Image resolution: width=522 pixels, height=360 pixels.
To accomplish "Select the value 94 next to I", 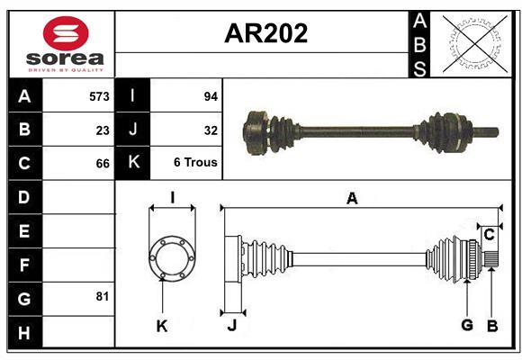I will pyautogui.click(x=211, y=95).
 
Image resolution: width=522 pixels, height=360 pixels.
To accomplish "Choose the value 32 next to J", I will pyautogui.click(x=211, y=130).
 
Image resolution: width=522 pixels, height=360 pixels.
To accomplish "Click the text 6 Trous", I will pyautogui.click(x=195, y=163).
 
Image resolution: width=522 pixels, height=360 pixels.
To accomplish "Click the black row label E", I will pyautogui.click(x=24, y=231).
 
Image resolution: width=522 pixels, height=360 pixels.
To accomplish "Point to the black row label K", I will pyautogui.click(x=133, y=163).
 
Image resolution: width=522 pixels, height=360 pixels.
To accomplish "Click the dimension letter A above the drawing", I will pyautogui.click(x=352, y=199).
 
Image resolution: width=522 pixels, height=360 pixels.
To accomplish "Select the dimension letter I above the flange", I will pyautogui.click(x=172, y=197).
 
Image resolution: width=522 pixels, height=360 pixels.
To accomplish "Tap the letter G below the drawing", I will pyautogui.click(x=466, y=324).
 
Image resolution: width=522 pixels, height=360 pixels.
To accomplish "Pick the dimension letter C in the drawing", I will pyautogui.click(x=489, y=235).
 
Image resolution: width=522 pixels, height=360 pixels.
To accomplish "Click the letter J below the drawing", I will pyautogui.click(x=231, y=326).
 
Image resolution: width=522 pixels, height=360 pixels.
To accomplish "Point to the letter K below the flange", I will pyautogui.click(x=162, y=326).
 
